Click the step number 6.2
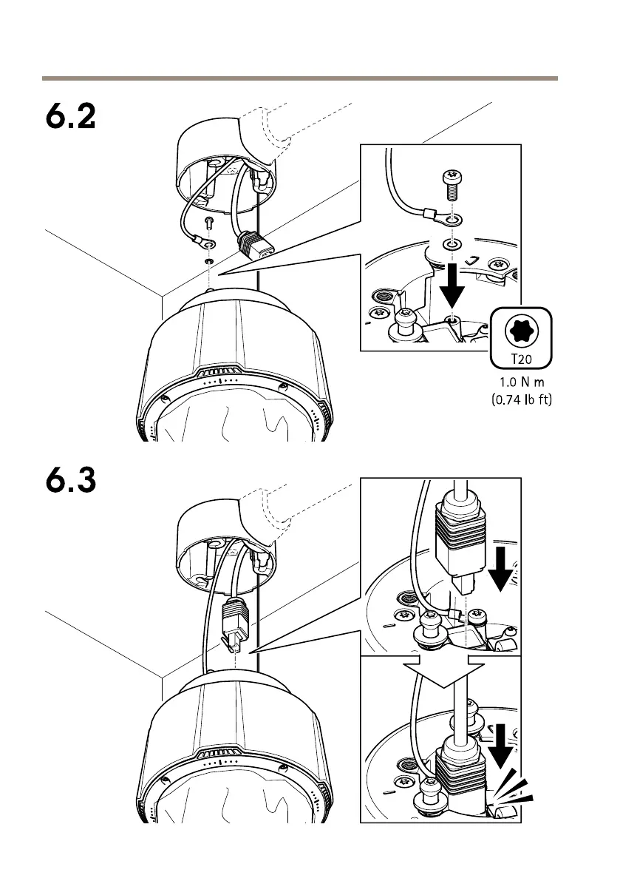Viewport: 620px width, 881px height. (68, 117)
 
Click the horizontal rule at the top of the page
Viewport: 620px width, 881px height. (299, 77)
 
